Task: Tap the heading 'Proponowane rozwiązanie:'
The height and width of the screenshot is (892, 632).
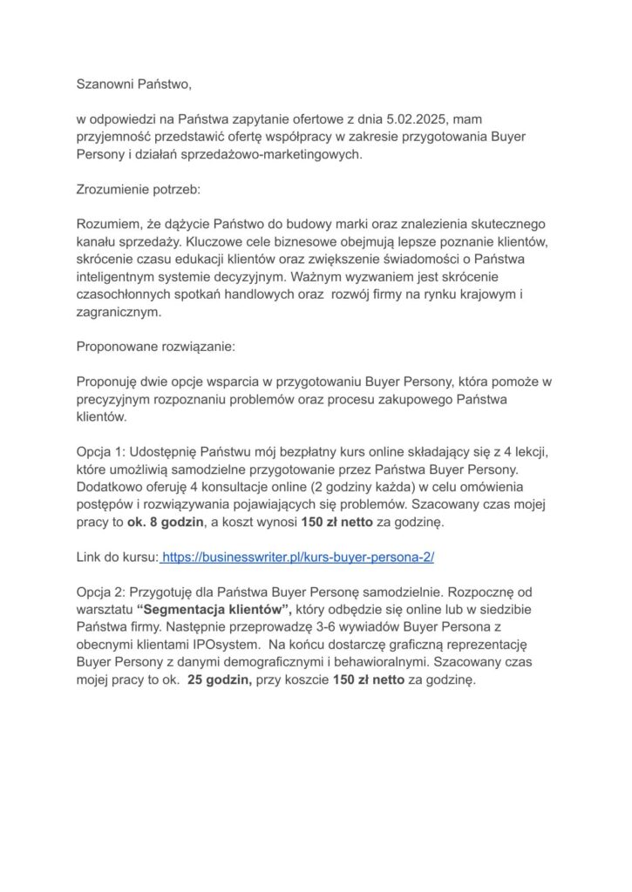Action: click(155, 346)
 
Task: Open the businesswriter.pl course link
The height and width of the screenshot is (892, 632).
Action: click(298, 556)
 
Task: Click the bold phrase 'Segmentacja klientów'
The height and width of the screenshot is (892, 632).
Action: click(216, 609)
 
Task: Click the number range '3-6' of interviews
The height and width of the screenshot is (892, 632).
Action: click(323, 626)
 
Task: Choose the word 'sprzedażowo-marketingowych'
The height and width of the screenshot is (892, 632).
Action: click(274, 154)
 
